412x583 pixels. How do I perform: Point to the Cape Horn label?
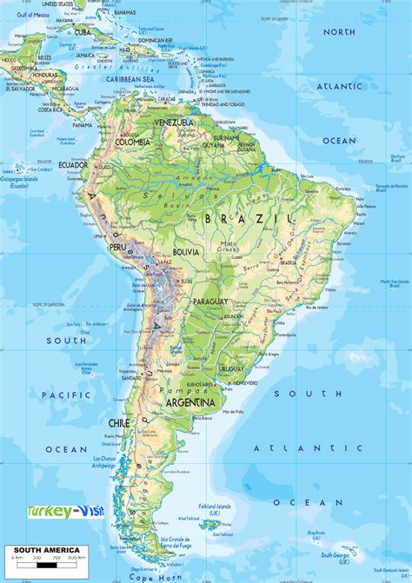pos(144,575)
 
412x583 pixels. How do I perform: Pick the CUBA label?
pos(83,32)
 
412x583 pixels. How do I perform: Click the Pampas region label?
pos(176,390)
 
